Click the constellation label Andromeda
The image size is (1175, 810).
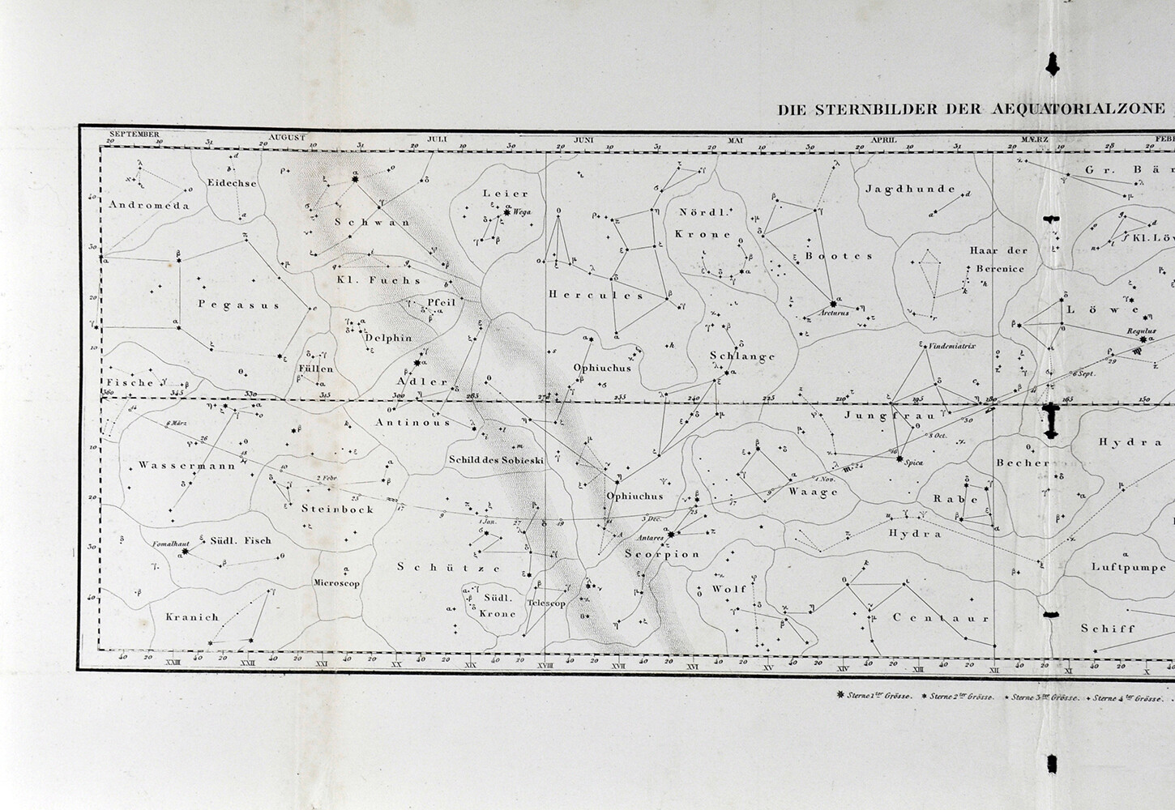coord(149,205)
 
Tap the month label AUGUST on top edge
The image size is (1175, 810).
coord(287,138)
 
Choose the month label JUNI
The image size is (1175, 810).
coord(584,139)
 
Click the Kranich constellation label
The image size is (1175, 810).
coord(192,617)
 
